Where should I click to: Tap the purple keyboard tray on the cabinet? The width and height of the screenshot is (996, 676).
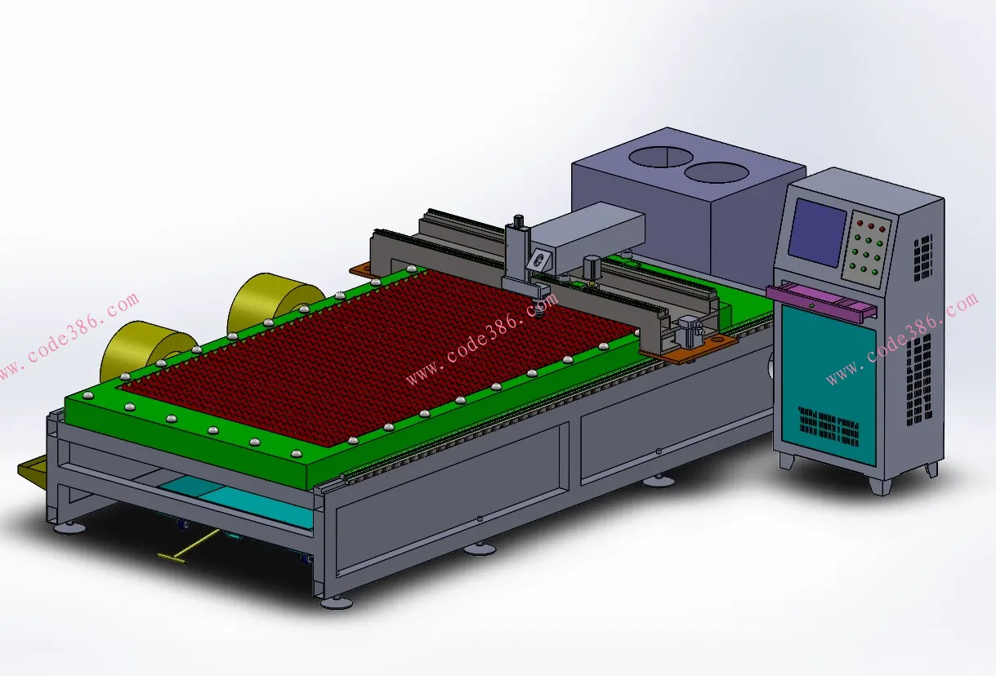tap(820, 300)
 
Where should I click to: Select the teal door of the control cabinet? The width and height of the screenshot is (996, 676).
tap(828, 383)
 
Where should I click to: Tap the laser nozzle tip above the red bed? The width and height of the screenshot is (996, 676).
tap(540, 315)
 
